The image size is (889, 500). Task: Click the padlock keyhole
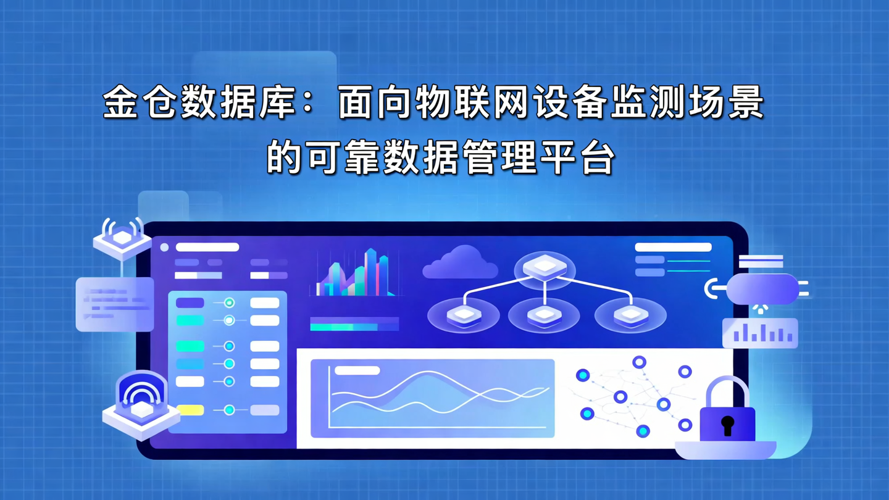pyautogui.click(x=728, y=425)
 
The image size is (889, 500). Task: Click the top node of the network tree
pyautogui.click(x=545, y=268)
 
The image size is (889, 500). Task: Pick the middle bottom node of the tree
pyautogui.click(x=544, y=315)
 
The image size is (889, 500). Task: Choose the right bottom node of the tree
pyautogui.click(x=630, y=315)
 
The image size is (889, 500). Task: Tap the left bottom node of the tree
pyautogui.click(x=463, y=315)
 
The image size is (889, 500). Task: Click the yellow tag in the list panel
pyautogui.click(x=190, y=410)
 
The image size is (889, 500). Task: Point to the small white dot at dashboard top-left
pyautogui.click(x=164, y=248)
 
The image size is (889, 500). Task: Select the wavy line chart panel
pyautogui.click(x=432, y=398)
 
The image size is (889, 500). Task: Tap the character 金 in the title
pyautogui.click(x=120, y=104)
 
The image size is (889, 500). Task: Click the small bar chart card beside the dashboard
pyautogui.click(x=760, y=333)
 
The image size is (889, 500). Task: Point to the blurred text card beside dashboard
pyautogui.click(x=114, y=304)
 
